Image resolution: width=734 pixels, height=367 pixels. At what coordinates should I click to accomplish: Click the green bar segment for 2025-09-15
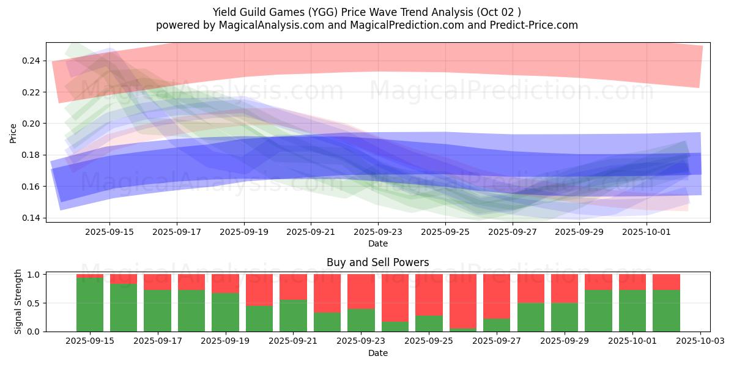[x=90, y=305]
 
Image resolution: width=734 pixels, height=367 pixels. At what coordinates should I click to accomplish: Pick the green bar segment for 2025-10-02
[x=666, y=311]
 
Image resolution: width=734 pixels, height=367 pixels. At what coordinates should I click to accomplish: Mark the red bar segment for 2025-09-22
[x=327, y=294]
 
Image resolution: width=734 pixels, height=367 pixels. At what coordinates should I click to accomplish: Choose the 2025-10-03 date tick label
[x=700, y=340]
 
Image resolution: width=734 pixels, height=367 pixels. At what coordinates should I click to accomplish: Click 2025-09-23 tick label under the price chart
[x=378, y=232]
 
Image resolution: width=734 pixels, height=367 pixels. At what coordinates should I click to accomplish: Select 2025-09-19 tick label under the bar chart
[x=226, y=340]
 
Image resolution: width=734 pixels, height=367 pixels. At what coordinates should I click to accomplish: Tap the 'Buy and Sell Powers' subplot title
[x=377, y=262]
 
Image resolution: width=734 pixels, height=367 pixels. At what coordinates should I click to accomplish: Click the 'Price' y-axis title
[x=13, y=133]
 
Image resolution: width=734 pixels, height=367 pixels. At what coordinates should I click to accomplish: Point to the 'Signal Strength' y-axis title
[x=18, y=302]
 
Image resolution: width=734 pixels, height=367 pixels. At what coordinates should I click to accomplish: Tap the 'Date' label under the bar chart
[x=377, y=353]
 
